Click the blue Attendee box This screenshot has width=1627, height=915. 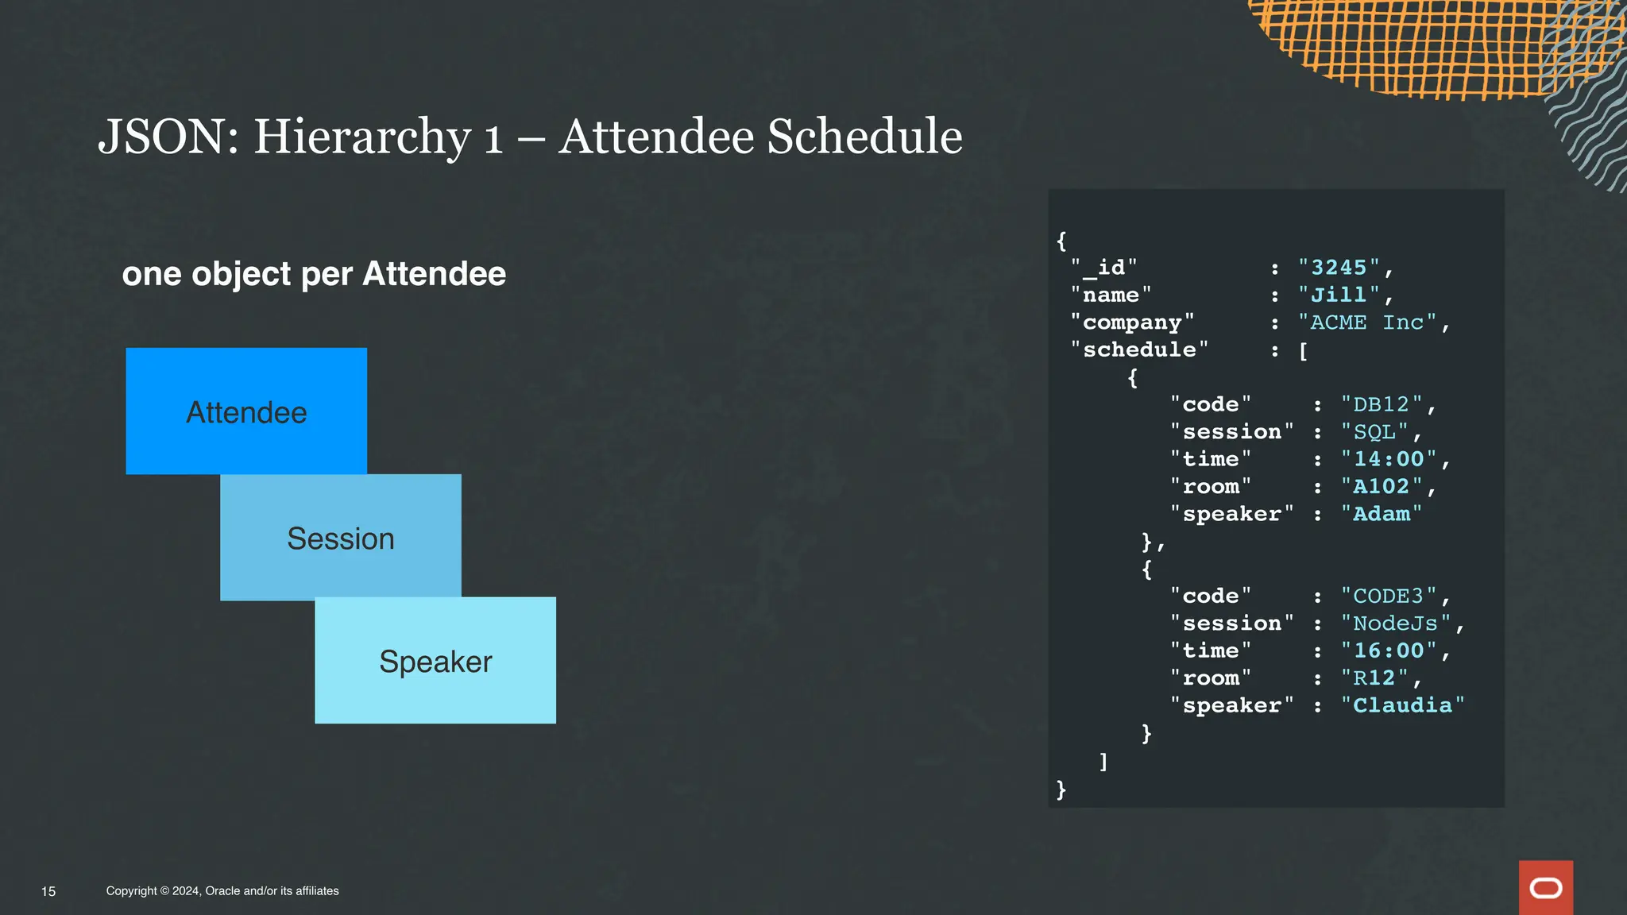pos(246,411)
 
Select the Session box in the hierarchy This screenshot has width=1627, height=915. pos(340,538)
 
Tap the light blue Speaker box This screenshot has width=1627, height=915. pos(435,660)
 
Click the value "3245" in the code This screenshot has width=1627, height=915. pos(1339,268)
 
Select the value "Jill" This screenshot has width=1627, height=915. pos(1339,295)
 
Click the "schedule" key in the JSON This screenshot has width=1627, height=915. pos(1139,349)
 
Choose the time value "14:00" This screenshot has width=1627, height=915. pos(1388,459)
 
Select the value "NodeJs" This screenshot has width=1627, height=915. pos(1395,624)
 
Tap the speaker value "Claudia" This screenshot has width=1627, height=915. pos(1402,705)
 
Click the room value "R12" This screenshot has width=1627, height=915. pos(1374,678)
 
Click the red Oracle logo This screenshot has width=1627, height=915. pos(1545,887)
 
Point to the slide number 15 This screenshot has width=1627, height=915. pos(48,891)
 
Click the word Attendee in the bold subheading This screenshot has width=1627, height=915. pos(434,274)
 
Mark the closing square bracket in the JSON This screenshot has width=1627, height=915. pos(1103,761)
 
